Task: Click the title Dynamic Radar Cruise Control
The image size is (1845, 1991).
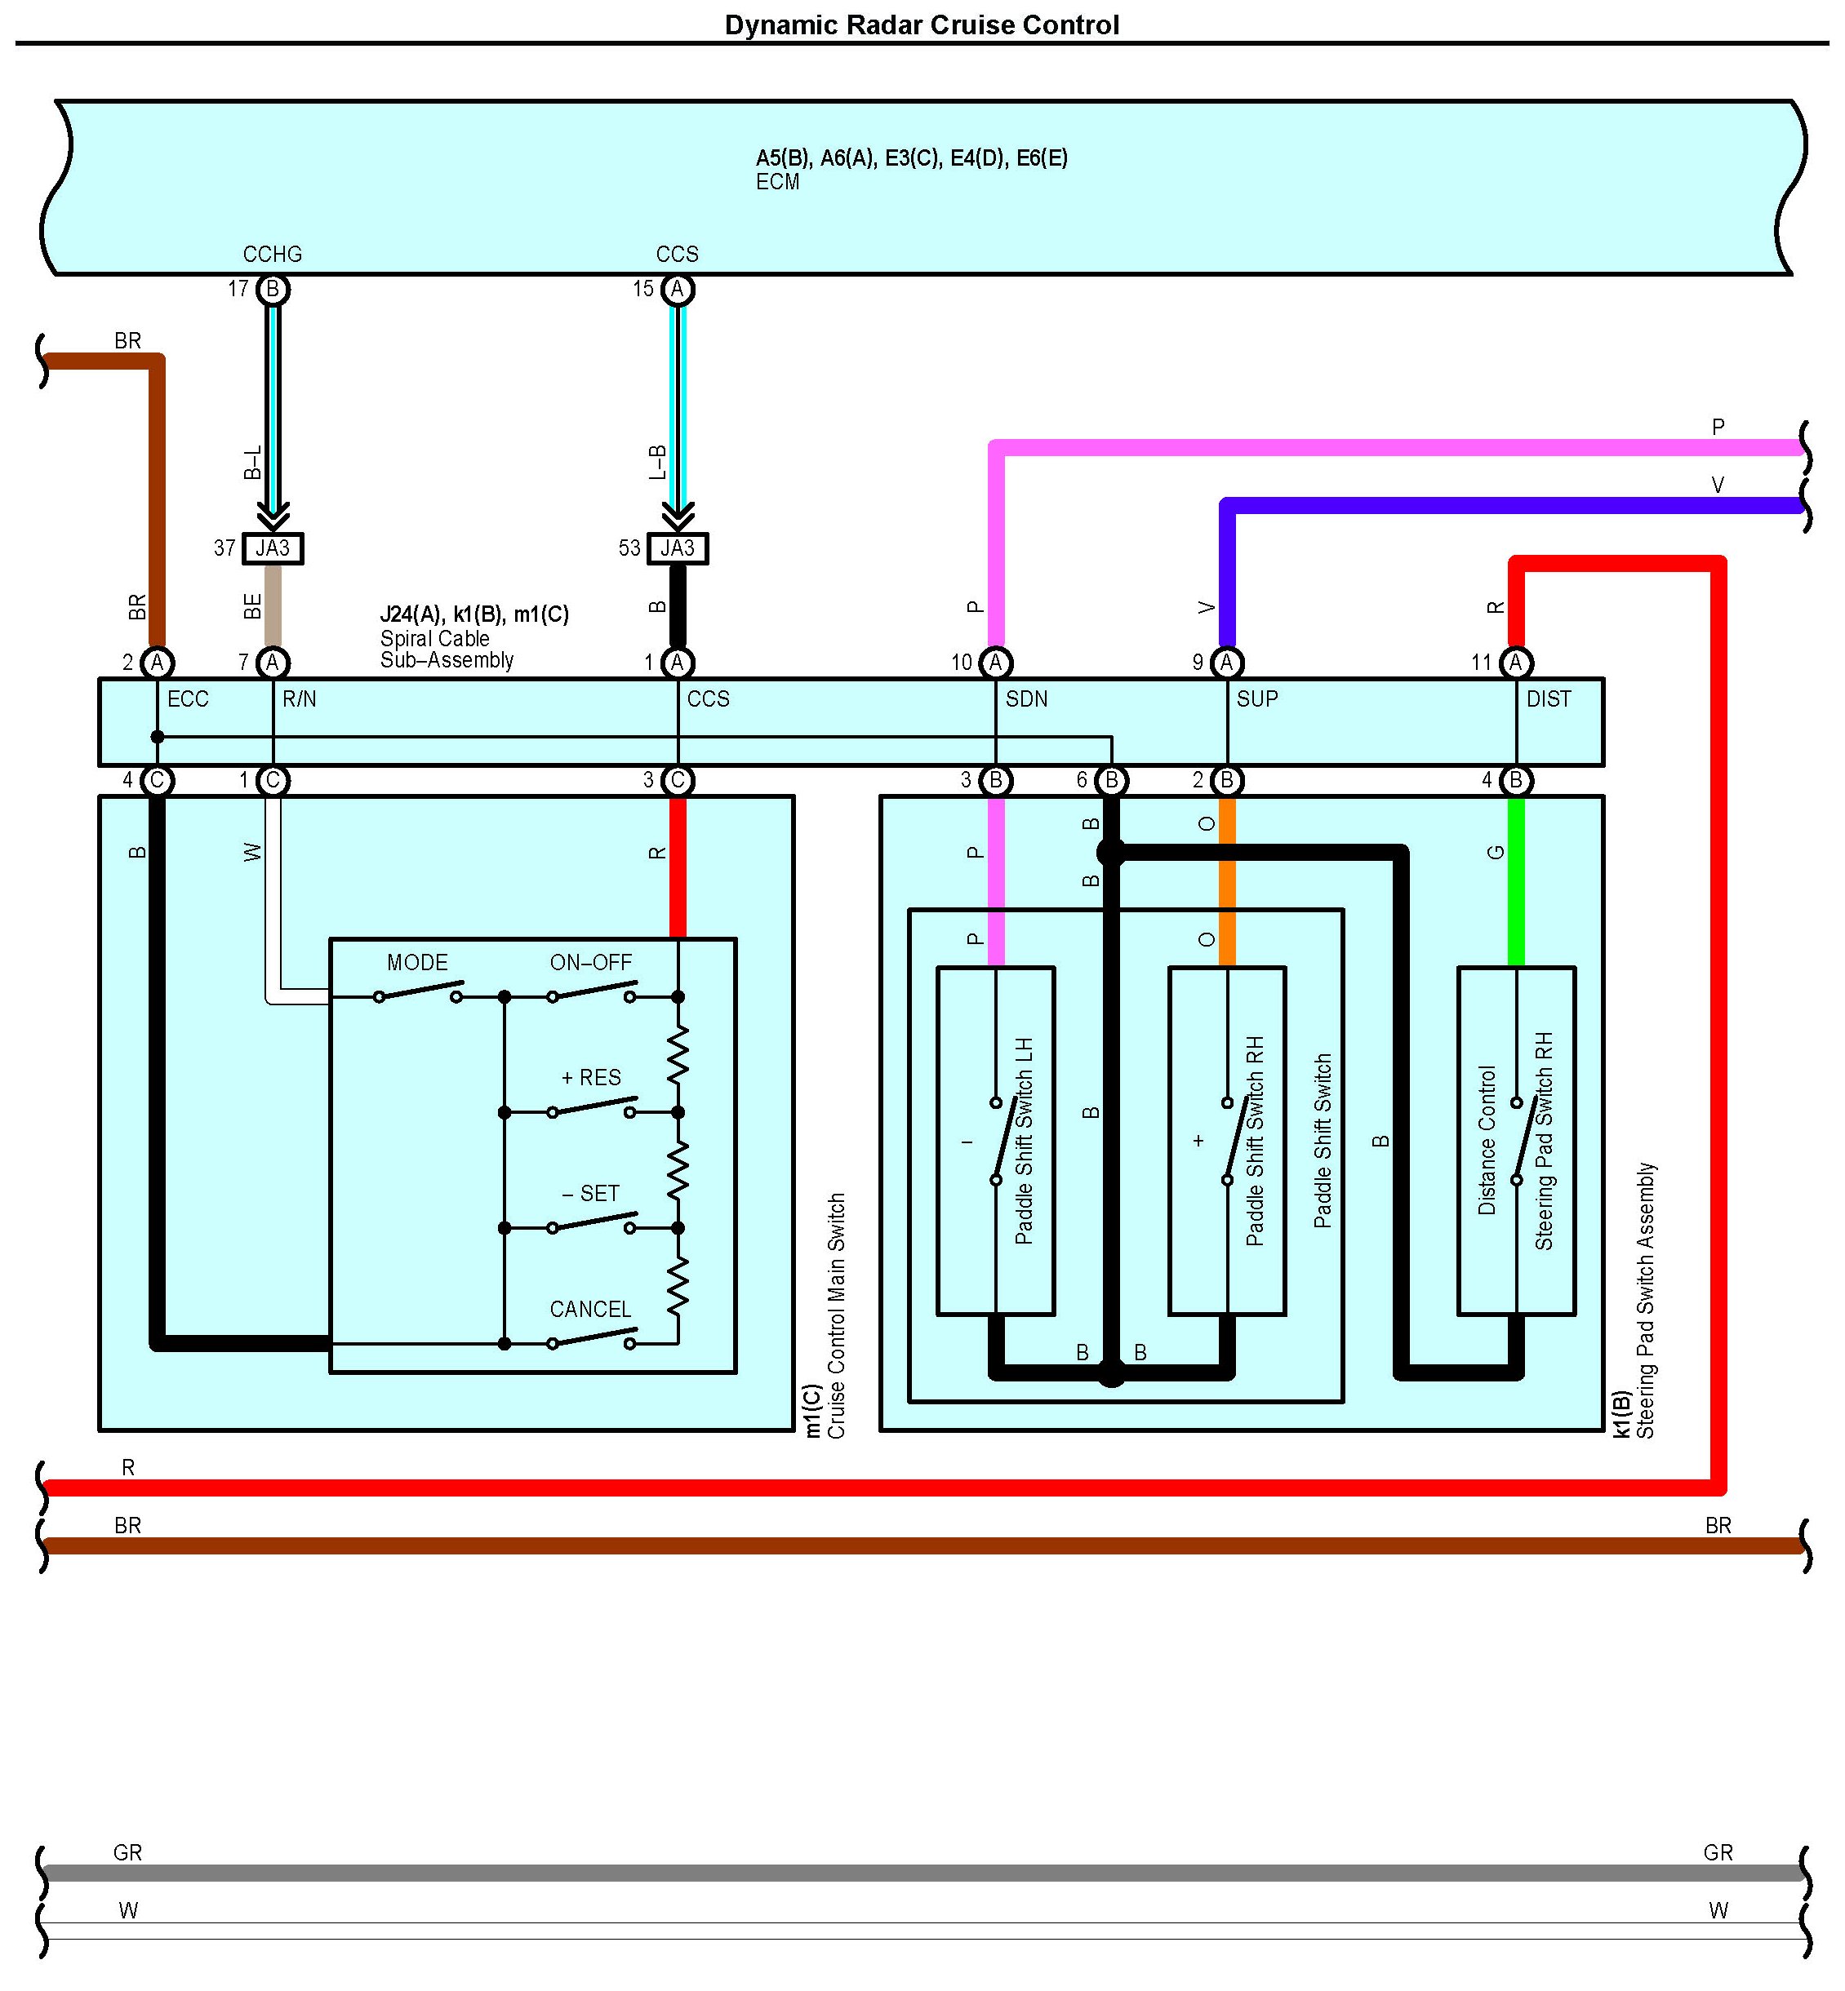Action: point(922,25)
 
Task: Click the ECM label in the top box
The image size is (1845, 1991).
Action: point(778,182)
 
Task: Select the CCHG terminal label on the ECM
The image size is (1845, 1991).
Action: point(272,255)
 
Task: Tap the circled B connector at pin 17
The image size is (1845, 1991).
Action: point(273,290)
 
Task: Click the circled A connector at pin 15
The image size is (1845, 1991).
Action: point(677,290)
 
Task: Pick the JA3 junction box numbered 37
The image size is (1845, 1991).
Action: point(273,548)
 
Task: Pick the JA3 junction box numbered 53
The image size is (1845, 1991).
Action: point(677,548)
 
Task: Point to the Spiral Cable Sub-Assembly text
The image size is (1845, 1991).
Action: point(447,649)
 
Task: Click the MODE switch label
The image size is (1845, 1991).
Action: point(417,962)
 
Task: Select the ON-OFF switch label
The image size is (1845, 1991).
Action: point(591,962)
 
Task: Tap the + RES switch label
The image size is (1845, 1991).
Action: point(591,1078)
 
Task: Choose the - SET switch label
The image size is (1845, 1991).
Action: point(591,1194)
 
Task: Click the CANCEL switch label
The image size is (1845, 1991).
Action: point(591,1310)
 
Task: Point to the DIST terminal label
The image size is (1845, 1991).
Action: point(1549,698)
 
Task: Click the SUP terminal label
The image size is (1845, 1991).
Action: point(1257,698)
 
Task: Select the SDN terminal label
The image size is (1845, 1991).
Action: point(1026,698)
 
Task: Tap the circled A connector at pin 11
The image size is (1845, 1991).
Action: point(1515,663)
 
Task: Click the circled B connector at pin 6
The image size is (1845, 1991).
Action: point(1111,780)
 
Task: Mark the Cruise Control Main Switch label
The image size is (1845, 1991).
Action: point(837,1315)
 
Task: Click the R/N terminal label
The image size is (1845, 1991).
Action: point(300,698)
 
